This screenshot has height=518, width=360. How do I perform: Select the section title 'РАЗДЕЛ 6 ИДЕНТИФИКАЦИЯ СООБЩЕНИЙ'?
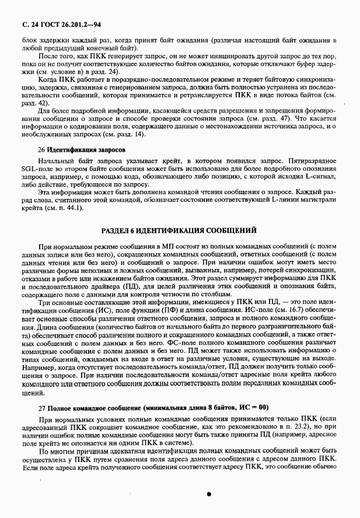179,230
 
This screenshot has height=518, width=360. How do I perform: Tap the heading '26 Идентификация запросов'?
82,149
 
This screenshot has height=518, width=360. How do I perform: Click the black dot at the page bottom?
208,494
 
